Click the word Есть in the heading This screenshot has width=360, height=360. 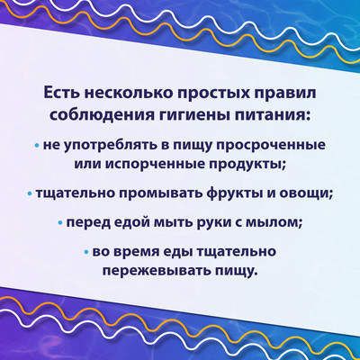pos(61,93)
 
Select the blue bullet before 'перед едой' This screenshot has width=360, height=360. pos(60,223)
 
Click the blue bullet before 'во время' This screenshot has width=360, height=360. pos(86,252)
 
